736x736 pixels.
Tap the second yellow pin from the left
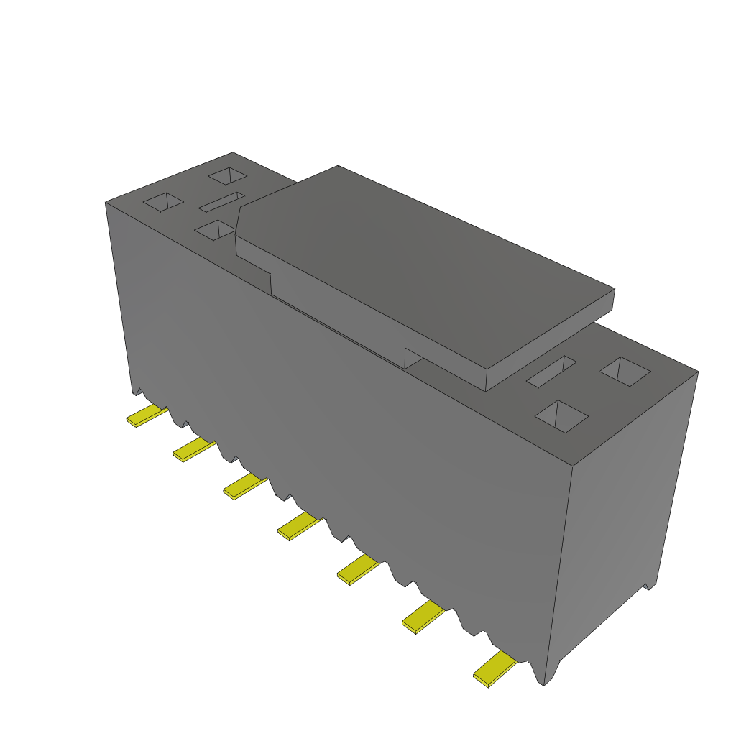[x=193, y=450]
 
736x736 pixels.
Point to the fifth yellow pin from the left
[x=357, y=570]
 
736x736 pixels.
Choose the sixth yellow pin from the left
[x=423, y=617]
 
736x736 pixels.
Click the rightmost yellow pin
[x=494, y=668]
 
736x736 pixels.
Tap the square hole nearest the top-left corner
[x=164, y=203]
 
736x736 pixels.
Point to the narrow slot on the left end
[x=223, y=203]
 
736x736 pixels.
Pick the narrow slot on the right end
[x=551, y=372]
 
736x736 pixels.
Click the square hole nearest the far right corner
[x=625, y=372]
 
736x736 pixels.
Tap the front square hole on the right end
[x=562, y=417]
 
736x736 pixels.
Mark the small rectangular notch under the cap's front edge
[x=413, y=358]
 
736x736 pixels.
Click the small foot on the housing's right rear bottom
[x=650, y=584]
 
